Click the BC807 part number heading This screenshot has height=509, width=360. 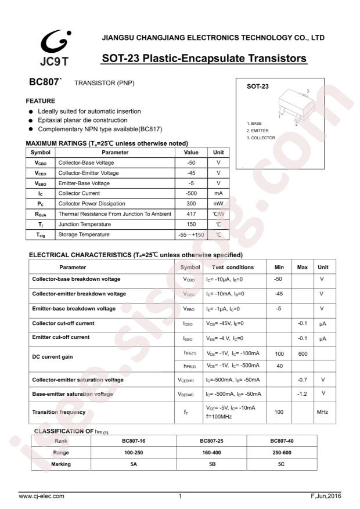[44, 82]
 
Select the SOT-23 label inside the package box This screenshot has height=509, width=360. [258, 86]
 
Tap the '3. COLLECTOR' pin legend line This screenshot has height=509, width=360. [261, 138]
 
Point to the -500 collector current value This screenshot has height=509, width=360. [191, 193]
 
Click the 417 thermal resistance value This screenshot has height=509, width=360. [191, 214]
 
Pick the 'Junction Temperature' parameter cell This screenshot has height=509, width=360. [86, 225]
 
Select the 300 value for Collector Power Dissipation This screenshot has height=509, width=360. [191, 204]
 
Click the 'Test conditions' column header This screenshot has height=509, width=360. [232, 268]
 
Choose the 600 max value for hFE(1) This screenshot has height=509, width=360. [302, 353]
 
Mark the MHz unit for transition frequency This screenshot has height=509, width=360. [322, 412]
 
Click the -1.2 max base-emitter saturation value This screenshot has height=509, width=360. [302, 394]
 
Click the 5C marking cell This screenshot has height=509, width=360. [282, 464]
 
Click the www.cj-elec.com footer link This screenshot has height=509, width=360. [42, 496]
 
